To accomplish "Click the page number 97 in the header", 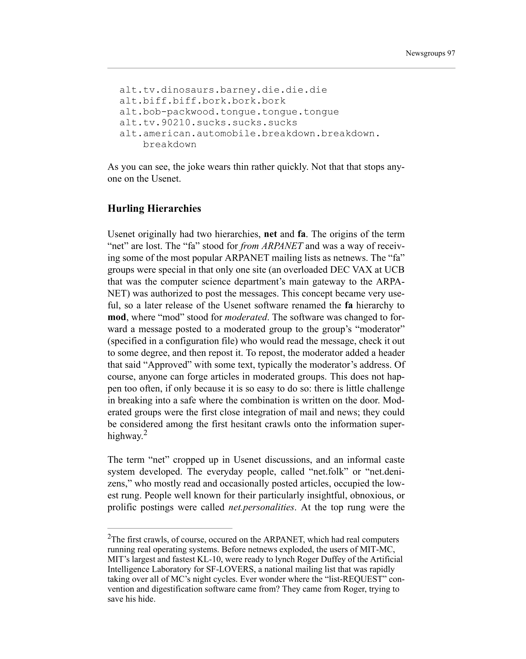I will point(451,53).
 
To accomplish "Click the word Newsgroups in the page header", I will point(425,53).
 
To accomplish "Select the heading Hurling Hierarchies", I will point(154,209).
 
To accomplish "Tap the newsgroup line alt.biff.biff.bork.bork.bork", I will point(202,101).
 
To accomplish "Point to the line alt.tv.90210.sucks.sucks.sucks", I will point(208,123).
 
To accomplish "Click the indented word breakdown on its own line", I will point(169,144).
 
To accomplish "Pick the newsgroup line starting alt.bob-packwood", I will point(229,112).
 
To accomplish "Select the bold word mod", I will point(117,317).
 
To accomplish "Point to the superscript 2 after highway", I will point(145,433).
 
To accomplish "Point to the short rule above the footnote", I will point(170,528).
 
